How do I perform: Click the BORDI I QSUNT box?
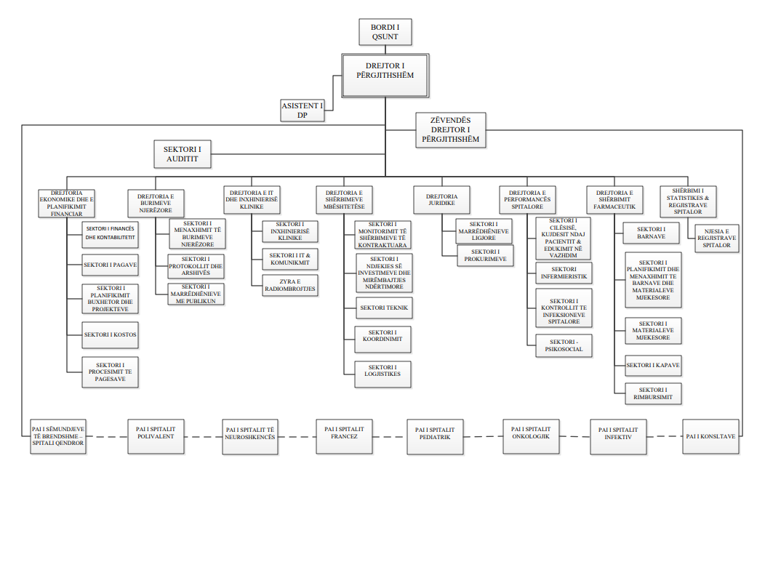385,33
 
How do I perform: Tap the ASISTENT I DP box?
303,111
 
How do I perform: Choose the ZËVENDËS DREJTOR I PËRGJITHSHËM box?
451,130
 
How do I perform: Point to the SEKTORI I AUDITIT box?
182,154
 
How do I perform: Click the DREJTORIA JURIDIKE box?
441,200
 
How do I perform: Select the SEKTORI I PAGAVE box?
111,265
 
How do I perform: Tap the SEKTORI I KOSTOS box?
111,334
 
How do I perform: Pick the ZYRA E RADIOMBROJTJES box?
290,285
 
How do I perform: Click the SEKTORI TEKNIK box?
384,308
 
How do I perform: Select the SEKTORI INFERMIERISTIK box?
564,273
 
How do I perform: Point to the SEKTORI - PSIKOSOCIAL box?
564,345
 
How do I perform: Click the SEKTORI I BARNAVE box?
652,233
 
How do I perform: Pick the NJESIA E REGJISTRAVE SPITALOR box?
717,237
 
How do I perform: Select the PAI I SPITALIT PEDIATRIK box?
435,436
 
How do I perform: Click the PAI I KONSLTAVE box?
711,436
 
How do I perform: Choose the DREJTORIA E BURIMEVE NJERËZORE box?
156,204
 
